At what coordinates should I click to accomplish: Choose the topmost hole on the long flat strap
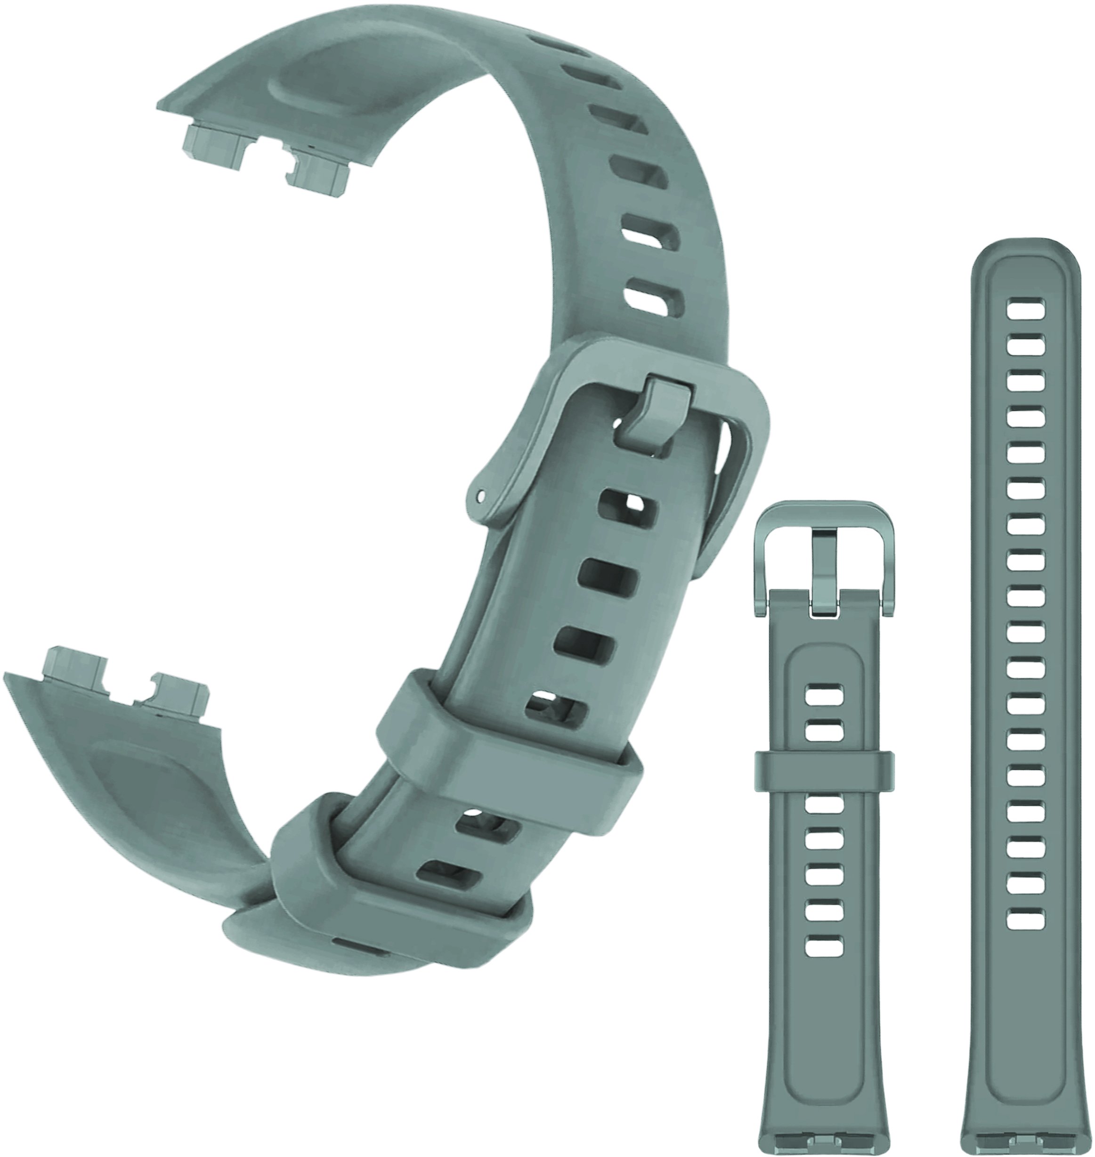coord(1026,308)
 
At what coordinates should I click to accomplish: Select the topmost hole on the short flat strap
coord(824,693)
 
